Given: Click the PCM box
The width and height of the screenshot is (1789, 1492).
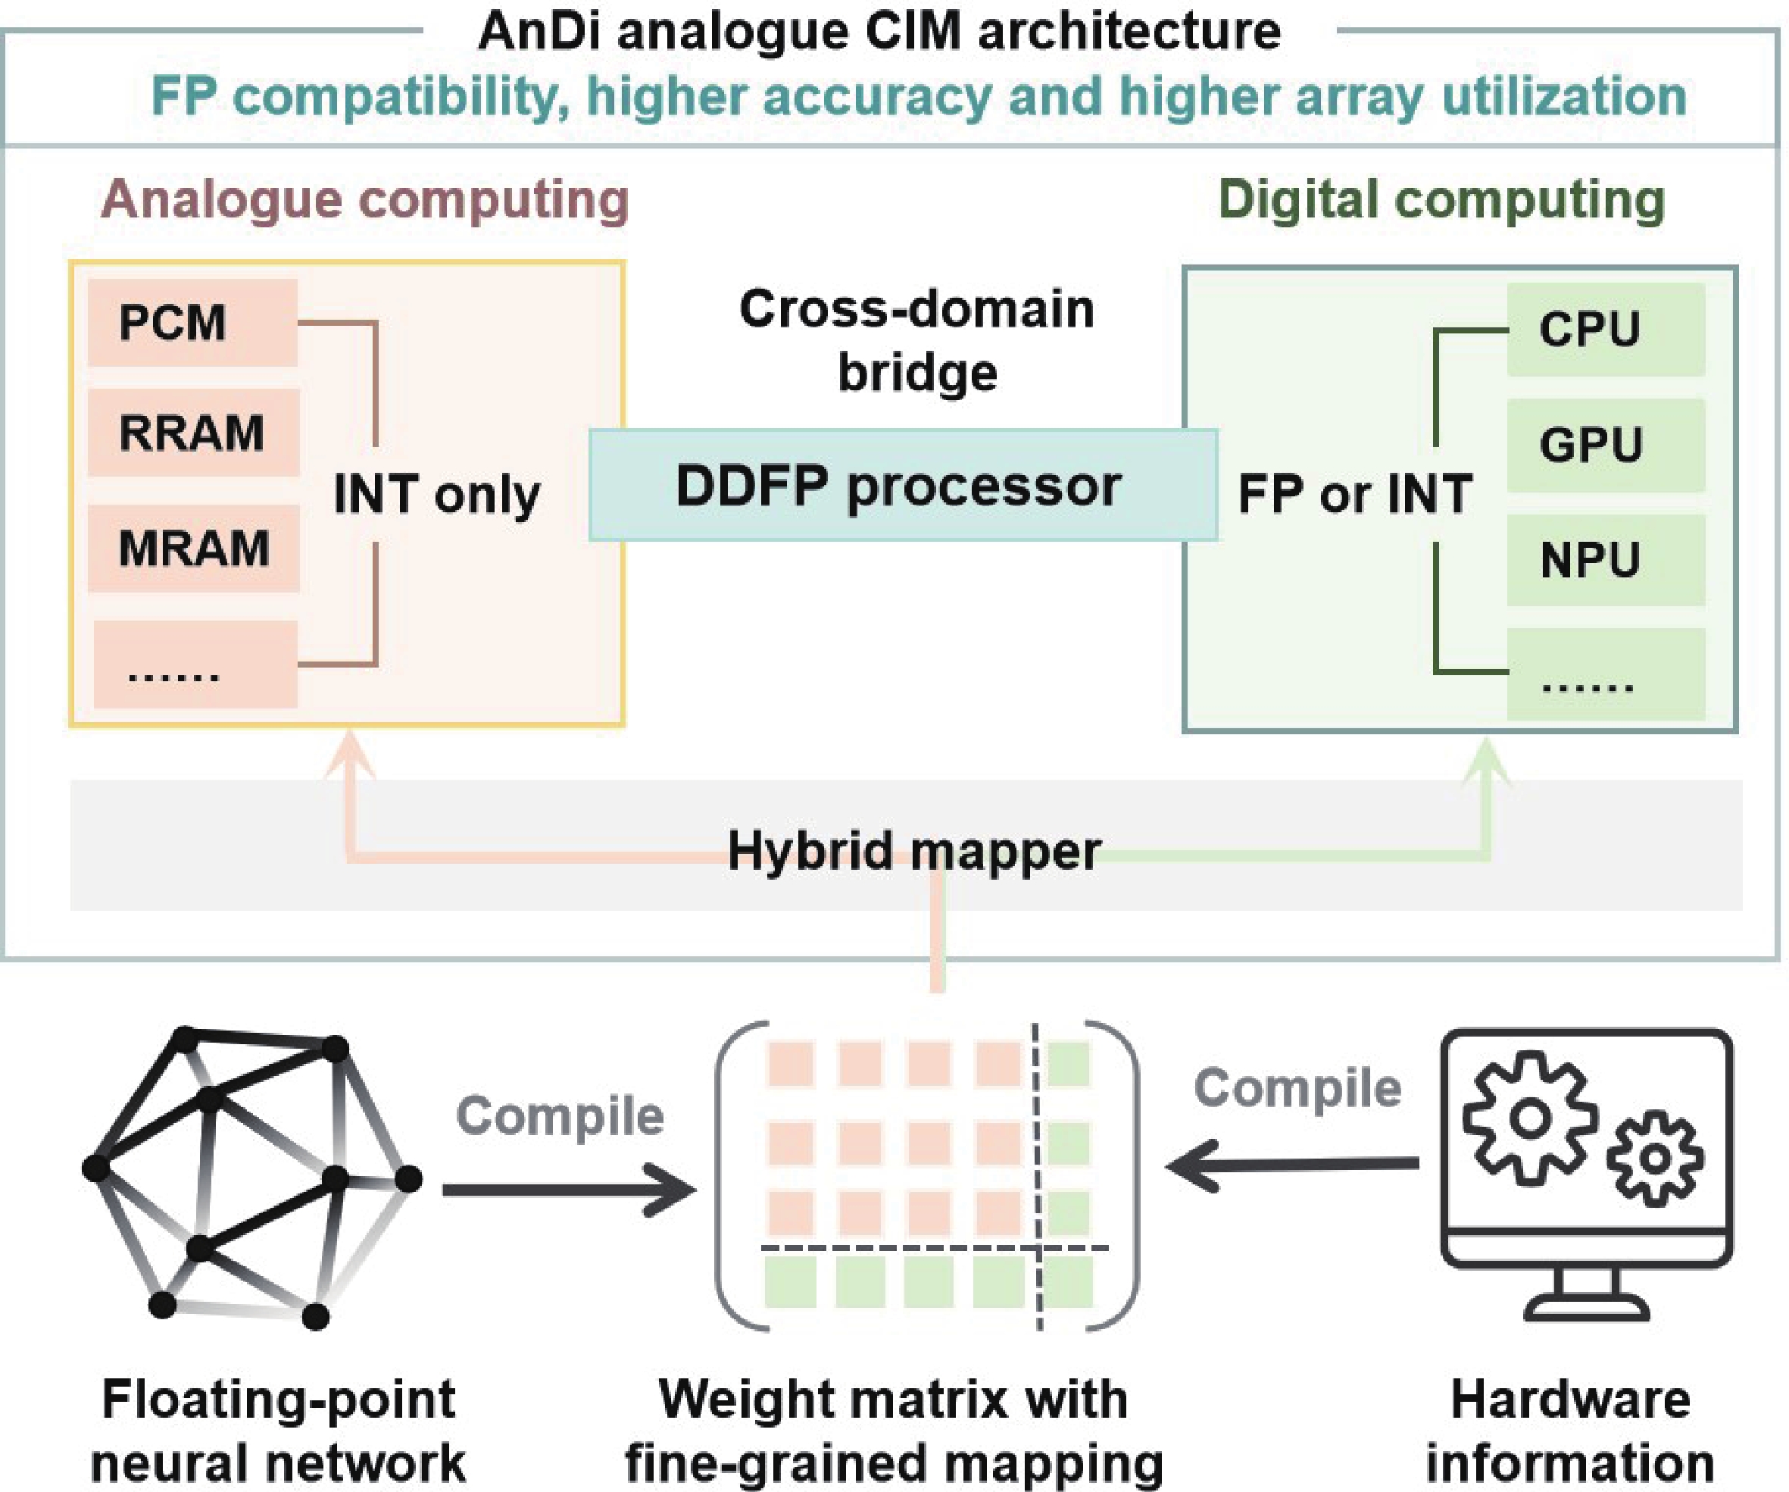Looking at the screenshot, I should pos(192,323).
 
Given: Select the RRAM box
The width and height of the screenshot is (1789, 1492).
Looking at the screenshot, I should pos(192,432).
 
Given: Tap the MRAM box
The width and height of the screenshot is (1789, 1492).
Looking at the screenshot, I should pos(193,548).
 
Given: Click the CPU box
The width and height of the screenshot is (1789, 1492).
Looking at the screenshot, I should pos(1605,329).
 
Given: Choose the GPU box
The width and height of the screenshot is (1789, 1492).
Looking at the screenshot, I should pos(1605,445).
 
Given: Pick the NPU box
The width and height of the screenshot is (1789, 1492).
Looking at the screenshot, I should pos(1605,560).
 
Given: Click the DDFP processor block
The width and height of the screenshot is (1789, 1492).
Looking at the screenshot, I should pos(902,486).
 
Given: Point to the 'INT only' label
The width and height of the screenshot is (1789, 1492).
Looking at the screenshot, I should pos(436,493).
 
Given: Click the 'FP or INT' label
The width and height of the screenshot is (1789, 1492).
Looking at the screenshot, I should pos(1354,493).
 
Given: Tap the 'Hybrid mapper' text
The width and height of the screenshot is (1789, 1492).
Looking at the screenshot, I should pos(913,850).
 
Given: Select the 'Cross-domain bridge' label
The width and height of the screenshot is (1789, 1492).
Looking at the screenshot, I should pos(916,340).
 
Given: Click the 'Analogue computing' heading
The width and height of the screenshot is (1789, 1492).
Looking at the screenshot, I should pos(364,200).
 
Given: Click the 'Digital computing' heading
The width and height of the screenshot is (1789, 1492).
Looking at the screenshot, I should pos(1441,200).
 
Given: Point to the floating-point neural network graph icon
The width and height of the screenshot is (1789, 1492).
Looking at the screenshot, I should pos(251,1176).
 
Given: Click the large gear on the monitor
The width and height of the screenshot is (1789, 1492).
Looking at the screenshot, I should pos(1529,1117).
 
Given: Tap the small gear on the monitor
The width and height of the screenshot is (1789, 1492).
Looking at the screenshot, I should pos(1654,1158).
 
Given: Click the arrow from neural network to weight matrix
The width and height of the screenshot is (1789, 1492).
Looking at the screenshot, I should pos(569,1190).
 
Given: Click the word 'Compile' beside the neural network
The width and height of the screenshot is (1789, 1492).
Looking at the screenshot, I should pos(560,1115).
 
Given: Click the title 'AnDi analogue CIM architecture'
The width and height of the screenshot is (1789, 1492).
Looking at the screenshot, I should pos(879,33).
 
